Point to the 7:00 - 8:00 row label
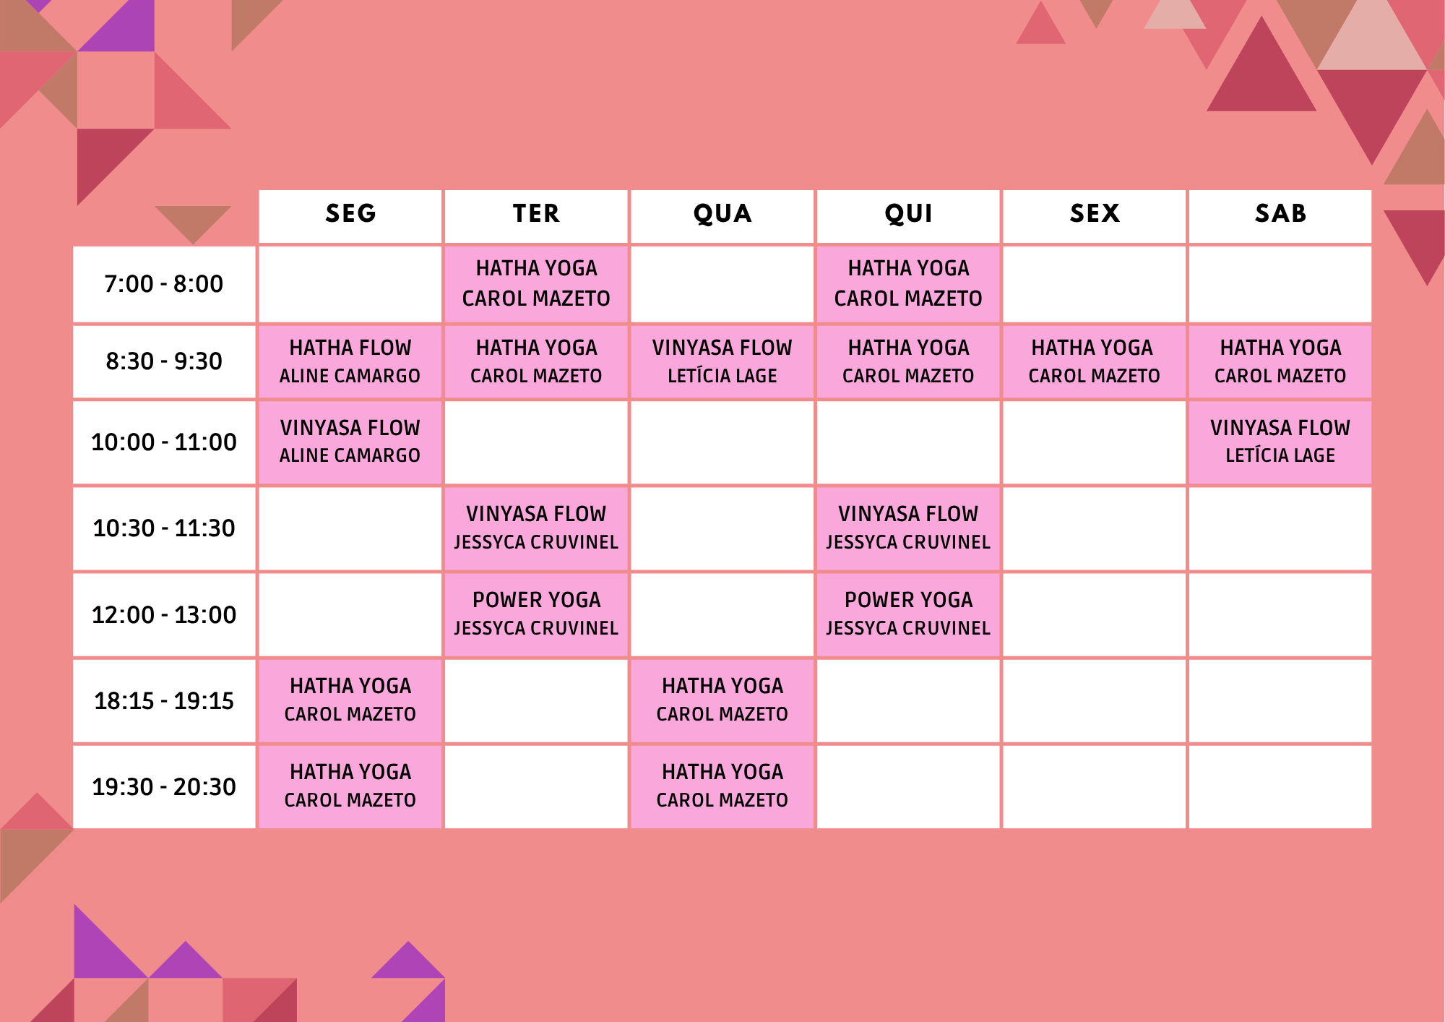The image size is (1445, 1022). [x=164, y=284]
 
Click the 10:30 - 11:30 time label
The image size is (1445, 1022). [x=164, y=528]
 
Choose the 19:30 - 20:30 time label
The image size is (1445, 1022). [x=164, y=787]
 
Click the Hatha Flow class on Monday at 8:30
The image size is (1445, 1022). [x=350, y=361]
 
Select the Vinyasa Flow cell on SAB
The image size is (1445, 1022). [x=1280, y=442]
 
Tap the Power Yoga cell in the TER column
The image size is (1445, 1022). [x=536, y=614]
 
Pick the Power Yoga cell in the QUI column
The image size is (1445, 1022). [x=908, y=614]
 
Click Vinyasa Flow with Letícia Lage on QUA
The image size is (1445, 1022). [x=722, y=361]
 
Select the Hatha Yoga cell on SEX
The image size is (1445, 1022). [x=1095, y=361]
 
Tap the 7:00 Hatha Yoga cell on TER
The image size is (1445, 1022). [x=536, y=284]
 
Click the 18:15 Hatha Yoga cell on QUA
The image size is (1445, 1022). [x=722, y=700]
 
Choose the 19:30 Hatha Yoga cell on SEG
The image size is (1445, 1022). [x=350, y=787]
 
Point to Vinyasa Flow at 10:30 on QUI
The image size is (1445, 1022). [x=908, y=528]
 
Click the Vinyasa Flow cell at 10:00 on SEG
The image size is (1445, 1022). [x=350, y=442]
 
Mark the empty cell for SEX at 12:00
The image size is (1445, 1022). [x=1095, y=614]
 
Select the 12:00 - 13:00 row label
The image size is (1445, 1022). [x=164, y=614]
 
